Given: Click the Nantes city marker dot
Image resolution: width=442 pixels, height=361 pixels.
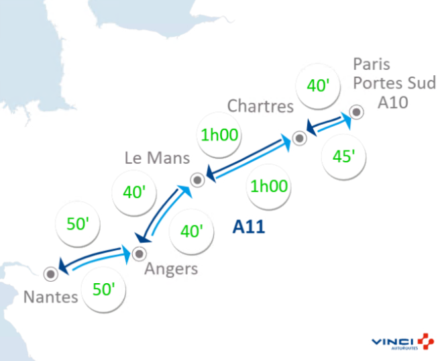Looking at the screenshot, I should [x=50, y=274].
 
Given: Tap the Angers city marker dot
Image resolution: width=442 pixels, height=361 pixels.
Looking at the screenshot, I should [x=140, y=254].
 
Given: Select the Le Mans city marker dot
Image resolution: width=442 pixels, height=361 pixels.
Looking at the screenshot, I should [x=197, y=180].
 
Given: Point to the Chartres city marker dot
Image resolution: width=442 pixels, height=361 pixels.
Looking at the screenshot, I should [x=299, y=138].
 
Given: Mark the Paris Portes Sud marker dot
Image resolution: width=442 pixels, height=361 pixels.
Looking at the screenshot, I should [x=357, y=112].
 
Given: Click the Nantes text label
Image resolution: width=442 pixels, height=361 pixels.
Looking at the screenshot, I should [x=50, y=297].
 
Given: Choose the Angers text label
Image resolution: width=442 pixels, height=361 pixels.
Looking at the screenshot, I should [x=172, y=269].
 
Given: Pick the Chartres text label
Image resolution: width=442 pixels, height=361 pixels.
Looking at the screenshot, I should [x=260, y=106].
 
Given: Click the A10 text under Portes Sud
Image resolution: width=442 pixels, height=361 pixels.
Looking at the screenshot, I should [x=392, y=101].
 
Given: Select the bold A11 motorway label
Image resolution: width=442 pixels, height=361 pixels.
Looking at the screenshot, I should [x=249, y=227].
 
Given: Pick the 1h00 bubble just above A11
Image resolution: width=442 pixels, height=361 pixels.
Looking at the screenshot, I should [x=268, y=187].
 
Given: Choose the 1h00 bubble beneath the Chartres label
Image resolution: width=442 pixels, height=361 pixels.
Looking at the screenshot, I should [x=219, y=134].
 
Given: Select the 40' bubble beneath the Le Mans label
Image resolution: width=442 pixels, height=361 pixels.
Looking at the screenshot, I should [x=134, y=192].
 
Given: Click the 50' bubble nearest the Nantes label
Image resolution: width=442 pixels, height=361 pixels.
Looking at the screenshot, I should [x=104, y=290].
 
